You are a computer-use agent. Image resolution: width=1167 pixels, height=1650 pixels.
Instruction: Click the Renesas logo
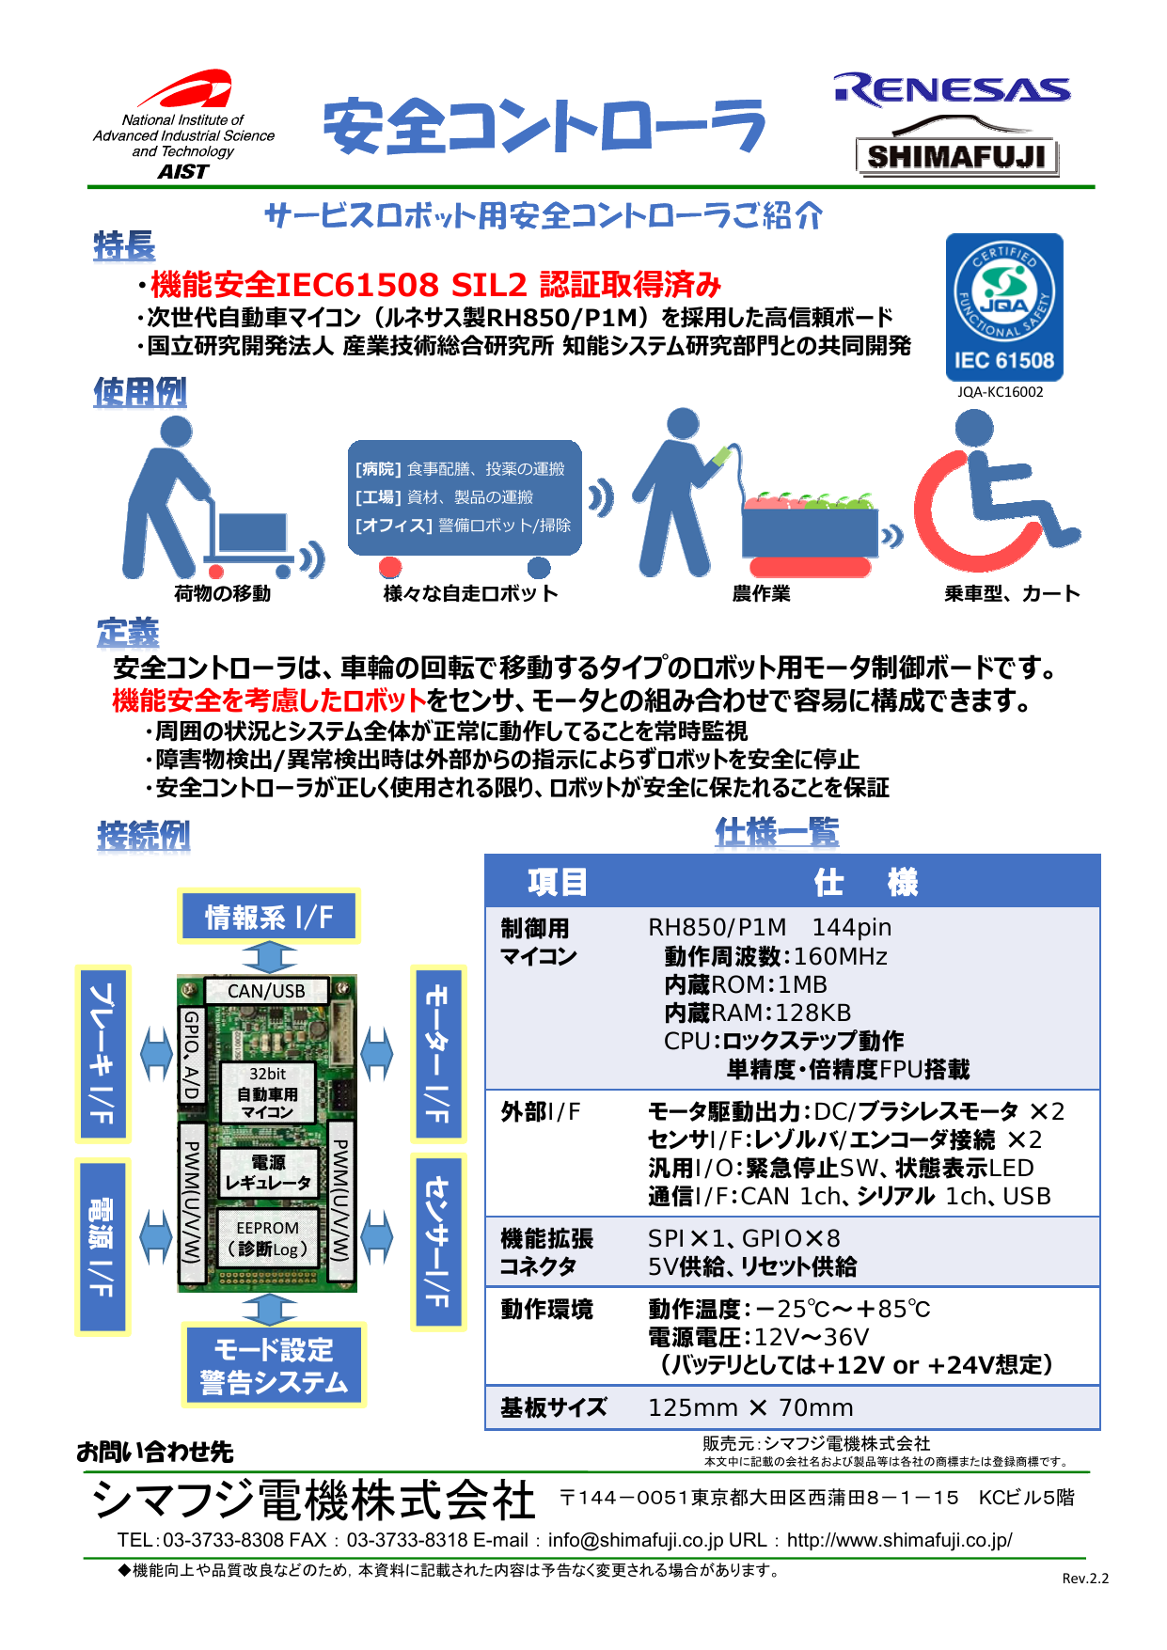951,90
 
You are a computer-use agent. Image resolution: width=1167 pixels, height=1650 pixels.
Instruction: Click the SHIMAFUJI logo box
956,156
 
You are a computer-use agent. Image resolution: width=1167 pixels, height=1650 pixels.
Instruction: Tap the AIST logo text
183,171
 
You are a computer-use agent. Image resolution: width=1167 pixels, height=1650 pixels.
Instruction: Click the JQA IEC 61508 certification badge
1004,307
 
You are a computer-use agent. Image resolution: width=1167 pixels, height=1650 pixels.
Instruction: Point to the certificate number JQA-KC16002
1000,392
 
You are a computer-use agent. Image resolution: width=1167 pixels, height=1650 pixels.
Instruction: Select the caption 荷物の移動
222,593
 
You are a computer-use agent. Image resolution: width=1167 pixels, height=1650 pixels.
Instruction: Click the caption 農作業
761,593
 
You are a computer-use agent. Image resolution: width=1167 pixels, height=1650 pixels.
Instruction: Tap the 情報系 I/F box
269,917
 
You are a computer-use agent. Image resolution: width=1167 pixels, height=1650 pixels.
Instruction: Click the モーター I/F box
437,1053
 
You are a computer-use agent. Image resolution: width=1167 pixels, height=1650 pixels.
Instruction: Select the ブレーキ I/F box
102,1053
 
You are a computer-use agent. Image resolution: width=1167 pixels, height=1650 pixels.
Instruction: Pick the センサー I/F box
437,1241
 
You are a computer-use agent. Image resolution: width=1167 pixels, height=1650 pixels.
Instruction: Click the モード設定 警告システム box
273,1366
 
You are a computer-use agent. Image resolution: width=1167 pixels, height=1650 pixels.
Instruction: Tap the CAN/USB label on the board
266,991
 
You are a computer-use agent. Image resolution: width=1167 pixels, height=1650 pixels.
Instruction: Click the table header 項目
557,882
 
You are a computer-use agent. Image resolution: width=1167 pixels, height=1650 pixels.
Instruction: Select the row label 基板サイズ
553,1407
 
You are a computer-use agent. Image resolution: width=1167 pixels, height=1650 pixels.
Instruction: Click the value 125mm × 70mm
750,1407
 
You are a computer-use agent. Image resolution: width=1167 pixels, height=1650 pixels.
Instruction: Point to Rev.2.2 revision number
1085,1579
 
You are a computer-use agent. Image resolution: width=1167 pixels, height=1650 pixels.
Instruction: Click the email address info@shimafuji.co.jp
636,1540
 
